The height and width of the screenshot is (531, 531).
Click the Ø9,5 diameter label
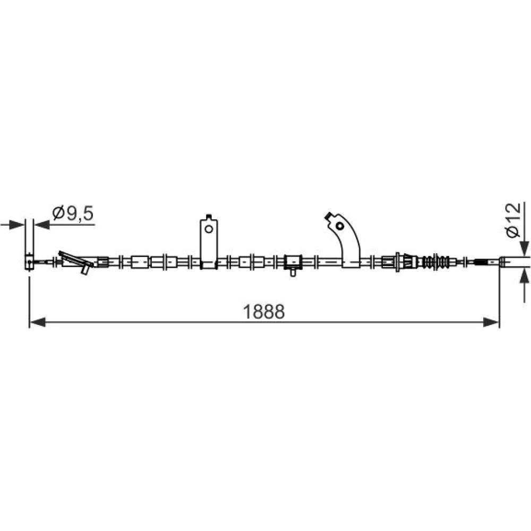[x=73, y=213]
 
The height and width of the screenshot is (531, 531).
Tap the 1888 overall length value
[x=264, y=312]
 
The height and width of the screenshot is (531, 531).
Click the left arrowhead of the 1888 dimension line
[x=38, y=322]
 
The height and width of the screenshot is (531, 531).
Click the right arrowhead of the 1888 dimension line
[x=491, y=322]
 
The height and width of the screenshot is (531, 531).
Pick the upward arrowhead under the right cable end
[x=524, y=275]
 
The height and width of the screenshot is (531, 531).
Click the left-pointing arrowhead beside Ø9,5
[x=42, y=224]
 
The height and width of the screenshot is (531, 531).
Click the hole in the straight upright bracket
[x=209, y=229]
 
